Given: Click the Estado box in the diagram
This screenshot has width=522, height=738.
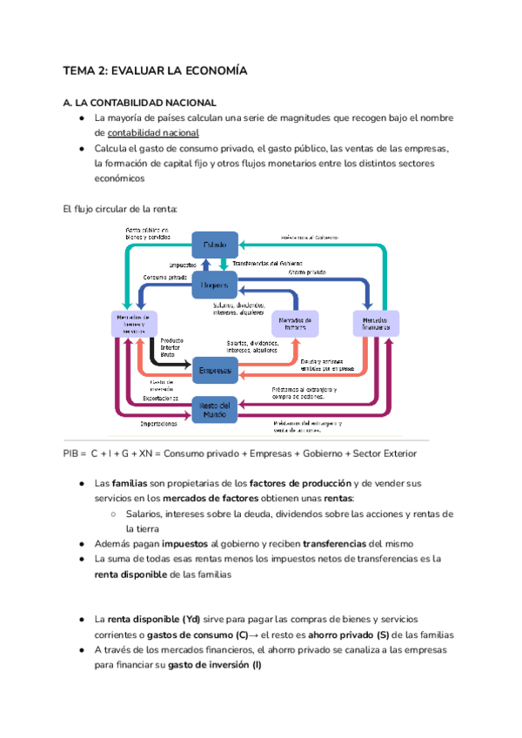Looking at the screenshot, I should (214, 246).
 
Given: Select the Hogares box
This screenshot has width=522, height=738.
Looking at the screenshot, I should (214, 285).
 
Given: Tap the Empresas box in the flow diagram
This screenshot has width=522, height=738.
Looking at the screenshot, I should (214, 371).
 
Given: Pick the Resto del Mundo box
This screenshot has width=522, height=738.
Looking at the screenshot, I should (214, 410).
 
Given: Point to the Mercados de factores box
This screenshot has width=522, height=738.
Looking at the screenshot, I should (296, 324).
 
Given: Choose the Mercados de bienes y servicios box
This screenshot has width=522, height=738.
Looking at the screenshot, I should (134, 324).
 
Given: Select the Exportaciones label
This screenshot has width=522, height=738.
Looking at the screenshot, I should (164, 398).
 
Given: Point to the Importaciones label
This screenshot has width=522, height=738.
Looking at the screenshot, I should (159, 425).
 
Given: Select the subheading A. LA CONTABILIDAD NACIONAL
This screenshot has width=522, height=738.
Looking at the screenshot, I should (140, 103).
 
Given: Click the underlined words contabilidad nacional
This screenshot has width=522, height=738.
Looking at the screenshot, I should (153, 133).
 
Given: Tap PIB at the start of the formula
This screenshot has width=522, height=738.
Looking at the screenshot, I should (71, 453).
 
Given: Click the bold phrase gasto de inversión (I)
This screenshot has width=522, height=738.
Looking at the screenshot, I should (215, 665).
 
